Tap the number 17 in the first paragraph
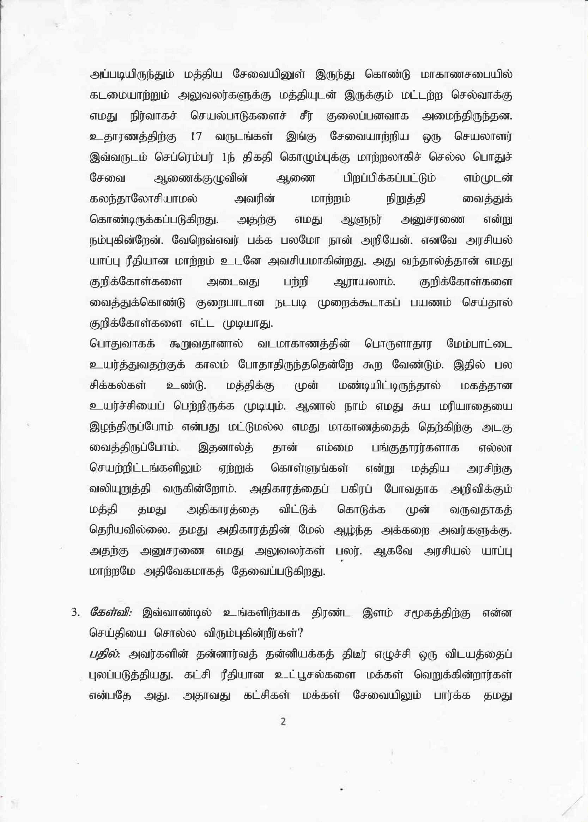196,136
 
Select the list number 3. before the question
75,613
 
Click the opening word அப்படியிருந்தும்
132,74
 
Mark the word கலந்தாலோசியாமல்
144,199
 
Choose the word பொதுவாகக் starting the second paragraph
122,344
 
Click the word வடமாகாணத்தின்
304,344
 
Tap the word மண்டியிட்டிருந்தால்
389,385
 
